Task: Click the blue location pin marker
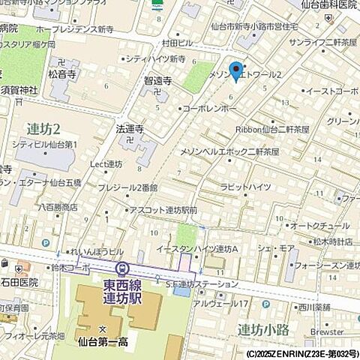(236, 70)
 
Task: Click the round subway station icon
(121, 269)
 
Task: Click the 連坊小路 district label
(263, 328)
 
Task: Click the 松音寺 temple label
(64, 75)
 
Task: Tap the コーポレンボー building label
(211, 109)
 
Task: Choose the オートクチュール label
(316, 225)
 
